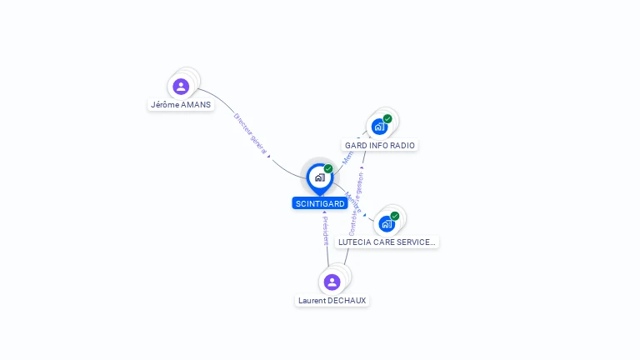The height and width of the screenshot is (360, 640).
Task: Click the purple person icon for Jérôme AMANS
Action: [x=181, y=87]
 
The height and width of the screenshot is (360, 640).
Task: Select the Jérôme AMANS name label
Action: [x=180, y=105]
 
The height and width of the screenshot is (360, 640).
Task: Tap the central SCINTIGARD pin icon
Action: [x=319, y=177]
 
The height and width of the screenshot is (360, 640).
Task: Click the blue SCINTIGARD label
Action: [x=320, y=203]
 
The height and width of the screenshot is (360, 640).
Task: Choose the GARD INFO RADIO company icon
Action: [x=379, y=127]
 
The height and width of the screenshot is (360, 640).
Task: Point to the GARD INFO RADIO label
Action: [x=380, y=145]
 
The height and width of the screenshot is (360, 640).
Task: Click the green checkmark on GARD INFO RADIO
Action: [x=387, y=118]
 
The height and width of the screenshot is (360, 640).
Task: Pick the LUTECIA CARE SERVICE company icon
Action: [x=386, y=223]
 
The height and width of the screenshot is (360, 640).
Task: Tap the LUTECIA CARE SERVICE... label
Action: [x=387, y=242]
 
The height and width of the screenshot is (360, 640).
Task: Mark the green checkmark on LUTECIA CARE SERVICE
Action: [x=395, y=216]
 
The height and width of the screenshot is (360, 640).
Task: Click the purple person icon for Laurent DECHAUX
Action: [x=332, y=282]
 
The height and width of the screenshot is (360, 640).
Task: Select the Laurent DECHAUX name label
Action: [x=332, y=300]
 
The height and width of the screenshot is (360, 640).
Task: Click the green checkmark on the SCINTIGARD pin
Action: [x=328, y=168]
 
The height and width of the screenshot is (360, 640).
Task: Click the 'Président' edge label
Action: [x=325, y=231]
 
